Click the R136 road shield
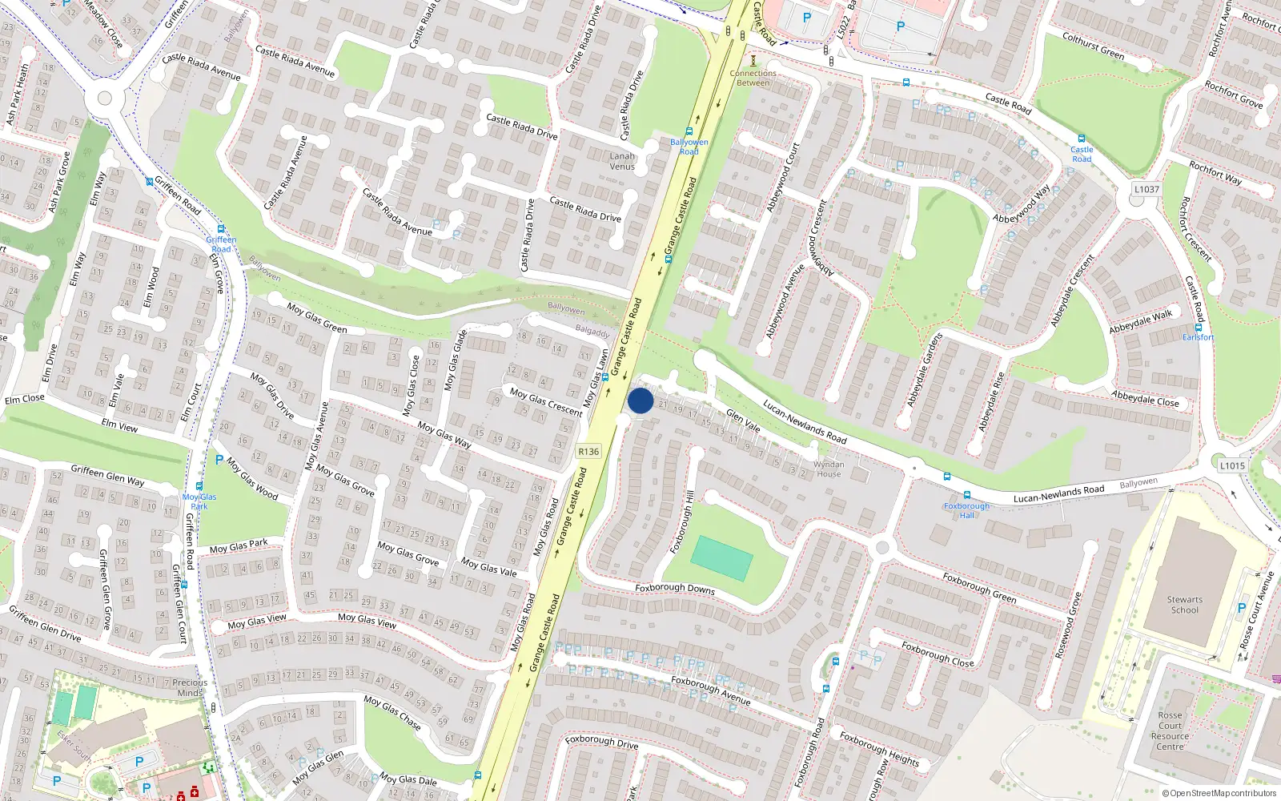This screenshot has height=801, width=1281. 588,452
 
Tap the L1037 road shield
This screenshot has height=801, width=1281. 1146,189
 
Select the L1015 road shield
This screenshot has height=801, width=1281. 1232,465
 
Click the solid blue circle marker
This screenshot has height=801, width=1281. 640,400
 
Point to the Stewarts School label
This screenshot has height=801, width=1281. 1184,605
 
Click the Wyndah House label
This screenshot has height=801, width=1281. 829,469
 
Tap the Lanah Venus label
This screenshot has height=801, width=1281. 622,161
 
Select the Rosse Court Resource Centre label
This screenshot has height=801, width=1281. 1170,731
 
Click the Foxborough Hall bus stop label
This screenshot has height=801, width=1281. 966,510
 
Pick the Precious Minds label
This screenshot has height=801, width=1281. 190,687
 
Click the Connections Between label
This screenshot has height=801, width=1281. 753,78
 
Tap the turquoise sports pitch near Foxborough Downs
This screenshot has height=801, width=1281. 721,558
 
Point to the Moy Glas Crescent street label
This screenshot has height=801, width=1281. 546,402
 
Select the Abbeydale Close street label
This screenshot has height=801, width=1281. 1145,398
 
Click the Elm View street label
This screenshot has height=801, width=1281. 119,425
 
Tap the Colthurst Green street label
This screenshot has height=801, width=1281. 1093,46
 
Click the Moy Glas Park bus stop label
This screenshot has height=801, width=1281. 199,501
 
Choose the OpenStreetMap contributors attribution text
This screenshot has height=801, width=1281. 1218,793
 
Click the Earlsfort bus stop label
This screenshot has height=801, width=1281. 1199,337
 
